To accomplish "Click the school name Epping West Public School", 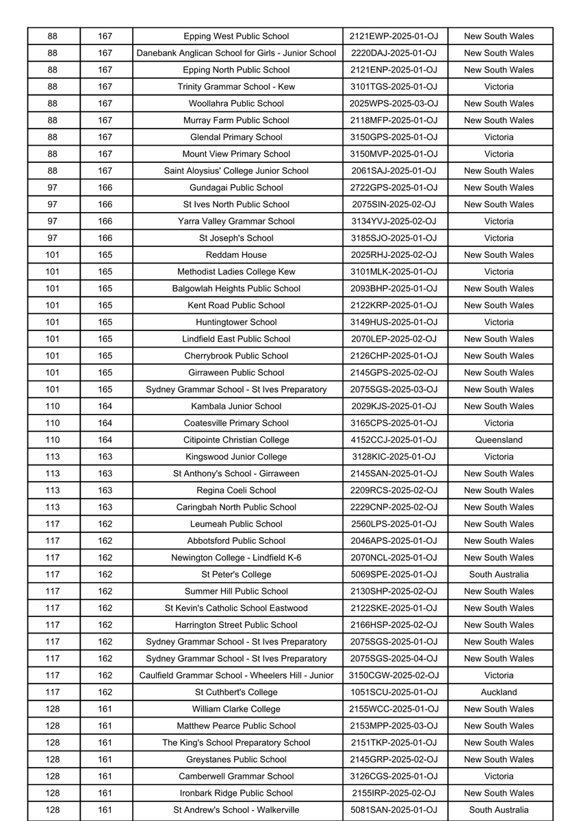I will coord(236,36).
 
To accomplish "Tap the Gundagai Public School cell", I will coord(236,187).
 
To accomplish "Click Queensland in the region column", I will coord(499,440).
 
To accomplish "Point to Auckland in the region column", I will coord(499,692).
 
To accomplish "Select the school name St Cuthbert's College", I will coord(236,692).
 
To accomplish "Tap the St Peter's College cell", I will coord(236,575).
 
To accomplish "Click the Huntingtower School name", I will coord(236,322).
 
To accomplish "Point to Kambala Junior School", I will coord(236,406).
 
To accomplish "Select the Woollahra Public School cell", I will coord(236,103).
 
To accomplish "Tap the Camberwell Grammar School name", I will coord(236,777).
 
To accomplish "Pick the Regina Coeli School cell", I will coord(236,491).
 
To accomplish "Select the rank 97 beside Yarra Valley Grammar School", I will coord(53,221).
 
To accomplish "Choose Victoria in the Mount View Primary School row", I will coord(499,154).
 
